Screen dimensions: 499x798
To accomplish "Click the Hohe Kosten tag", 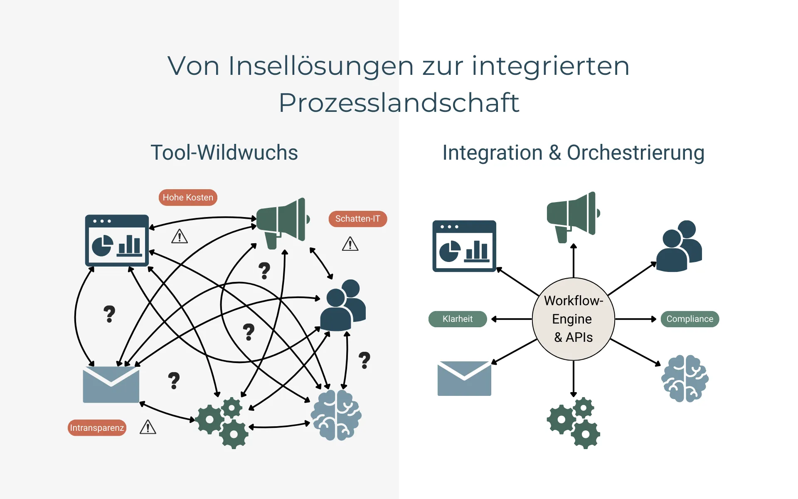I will point(188,198).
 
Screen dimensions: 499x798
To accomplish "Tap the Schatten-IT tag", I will point(357,219).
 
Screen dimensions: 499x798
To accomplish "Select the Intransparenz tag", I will point(97,428).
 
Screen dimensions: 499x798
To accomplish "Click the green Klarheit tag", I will point(457,319).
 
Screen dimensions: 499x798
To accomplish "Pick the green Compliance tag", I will point(690,319).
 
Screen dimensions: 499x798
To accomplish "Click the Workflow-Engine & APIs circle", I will point(573,319).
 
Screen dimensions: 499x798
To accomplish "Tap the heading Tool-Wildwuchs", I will point(224,153).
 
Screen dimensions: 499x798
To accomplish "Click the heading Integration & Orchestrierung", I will point(573,153).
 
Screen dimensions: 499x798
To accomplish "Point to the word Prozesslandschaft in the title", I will point(399,103).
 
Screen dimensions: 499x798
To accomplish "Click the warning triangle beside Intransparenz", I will point(148,427).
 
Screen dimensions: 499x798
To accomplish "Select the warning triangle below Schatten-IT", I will point(350,244).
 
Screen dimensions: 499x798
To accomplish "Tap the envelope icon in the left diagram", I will point(111,385).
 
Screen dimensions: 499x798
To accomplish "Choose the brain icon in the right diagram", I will point(685,378).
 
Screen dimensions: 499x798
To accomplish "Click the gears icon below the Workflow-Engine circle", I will point(573,422).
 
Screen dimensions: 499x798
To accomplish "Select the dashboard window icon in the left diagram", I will point(117,240).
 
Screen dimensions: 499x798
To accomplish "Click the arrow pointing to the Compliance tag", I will point(636,319).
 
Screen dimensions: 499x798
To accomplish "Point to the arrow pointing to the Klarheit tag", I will point(511,319).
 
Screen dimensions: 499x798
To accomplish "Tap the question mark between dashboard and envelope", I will point(109,314).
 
